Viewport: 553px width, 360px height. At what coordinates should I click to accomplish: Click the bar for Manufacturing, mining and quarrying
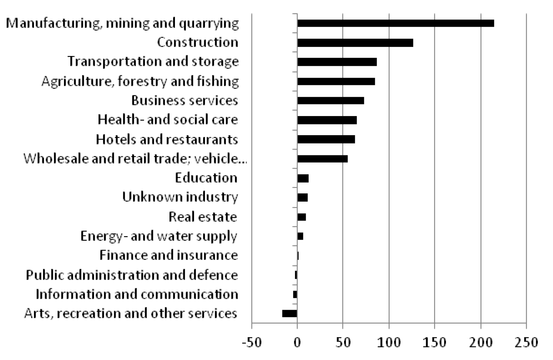coord(395,23)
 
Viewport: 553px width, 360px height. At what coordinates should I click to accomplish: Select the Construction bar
coord(355,43)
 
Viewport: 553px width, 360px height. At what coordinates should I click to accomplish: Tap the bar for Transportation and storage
coord(337,62)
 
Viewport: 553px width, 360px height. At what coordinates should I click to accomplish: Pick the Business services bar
coord(330,100)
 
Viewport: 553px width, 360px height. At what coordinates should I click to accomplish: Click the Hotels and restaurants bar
coord(326,139)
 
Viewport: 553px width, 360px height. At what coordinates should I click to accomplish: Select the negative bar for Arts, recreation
coord(290,313)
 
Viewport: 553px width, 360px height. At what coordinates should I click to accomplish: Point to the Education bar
coord(303,178)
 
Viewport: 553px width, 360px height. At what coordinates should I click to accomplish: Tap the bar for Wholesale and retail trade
coord(322,159)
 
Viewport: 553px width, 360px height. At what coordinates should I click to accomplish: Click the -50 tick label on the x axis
coord(252,342)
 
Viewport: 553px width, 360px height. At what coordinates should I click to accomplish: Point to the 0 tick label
coord(297,342)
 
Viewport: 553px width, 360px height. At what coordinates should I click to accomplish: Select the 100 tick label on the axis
coord(389,342)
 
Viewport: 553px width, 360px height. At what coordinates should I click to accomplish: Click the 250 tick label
coord(526,342)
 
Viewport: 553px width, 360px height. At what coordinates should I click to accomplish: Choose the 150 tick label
coord(434,342)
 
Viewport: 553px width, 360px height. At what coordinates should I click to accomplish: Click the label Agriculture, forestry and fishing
coord(140,81)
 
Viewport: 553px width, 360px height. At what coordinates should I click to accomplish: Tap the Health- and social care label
coord(168,120)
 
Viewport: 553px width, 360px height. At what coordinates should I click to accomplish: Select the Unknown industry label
coord(180,197)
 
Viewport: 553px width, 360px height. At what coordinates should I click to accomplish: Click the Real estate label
coord(203,217)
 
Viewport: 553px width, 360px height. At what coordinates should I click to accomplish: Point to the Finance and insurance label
coord(168,255)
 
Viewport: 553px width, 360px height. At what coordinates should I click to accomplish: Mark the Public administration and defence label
coord(132,275)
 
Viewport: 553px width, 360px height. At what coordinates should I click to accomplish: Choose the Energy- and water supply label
coord(159,236)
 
